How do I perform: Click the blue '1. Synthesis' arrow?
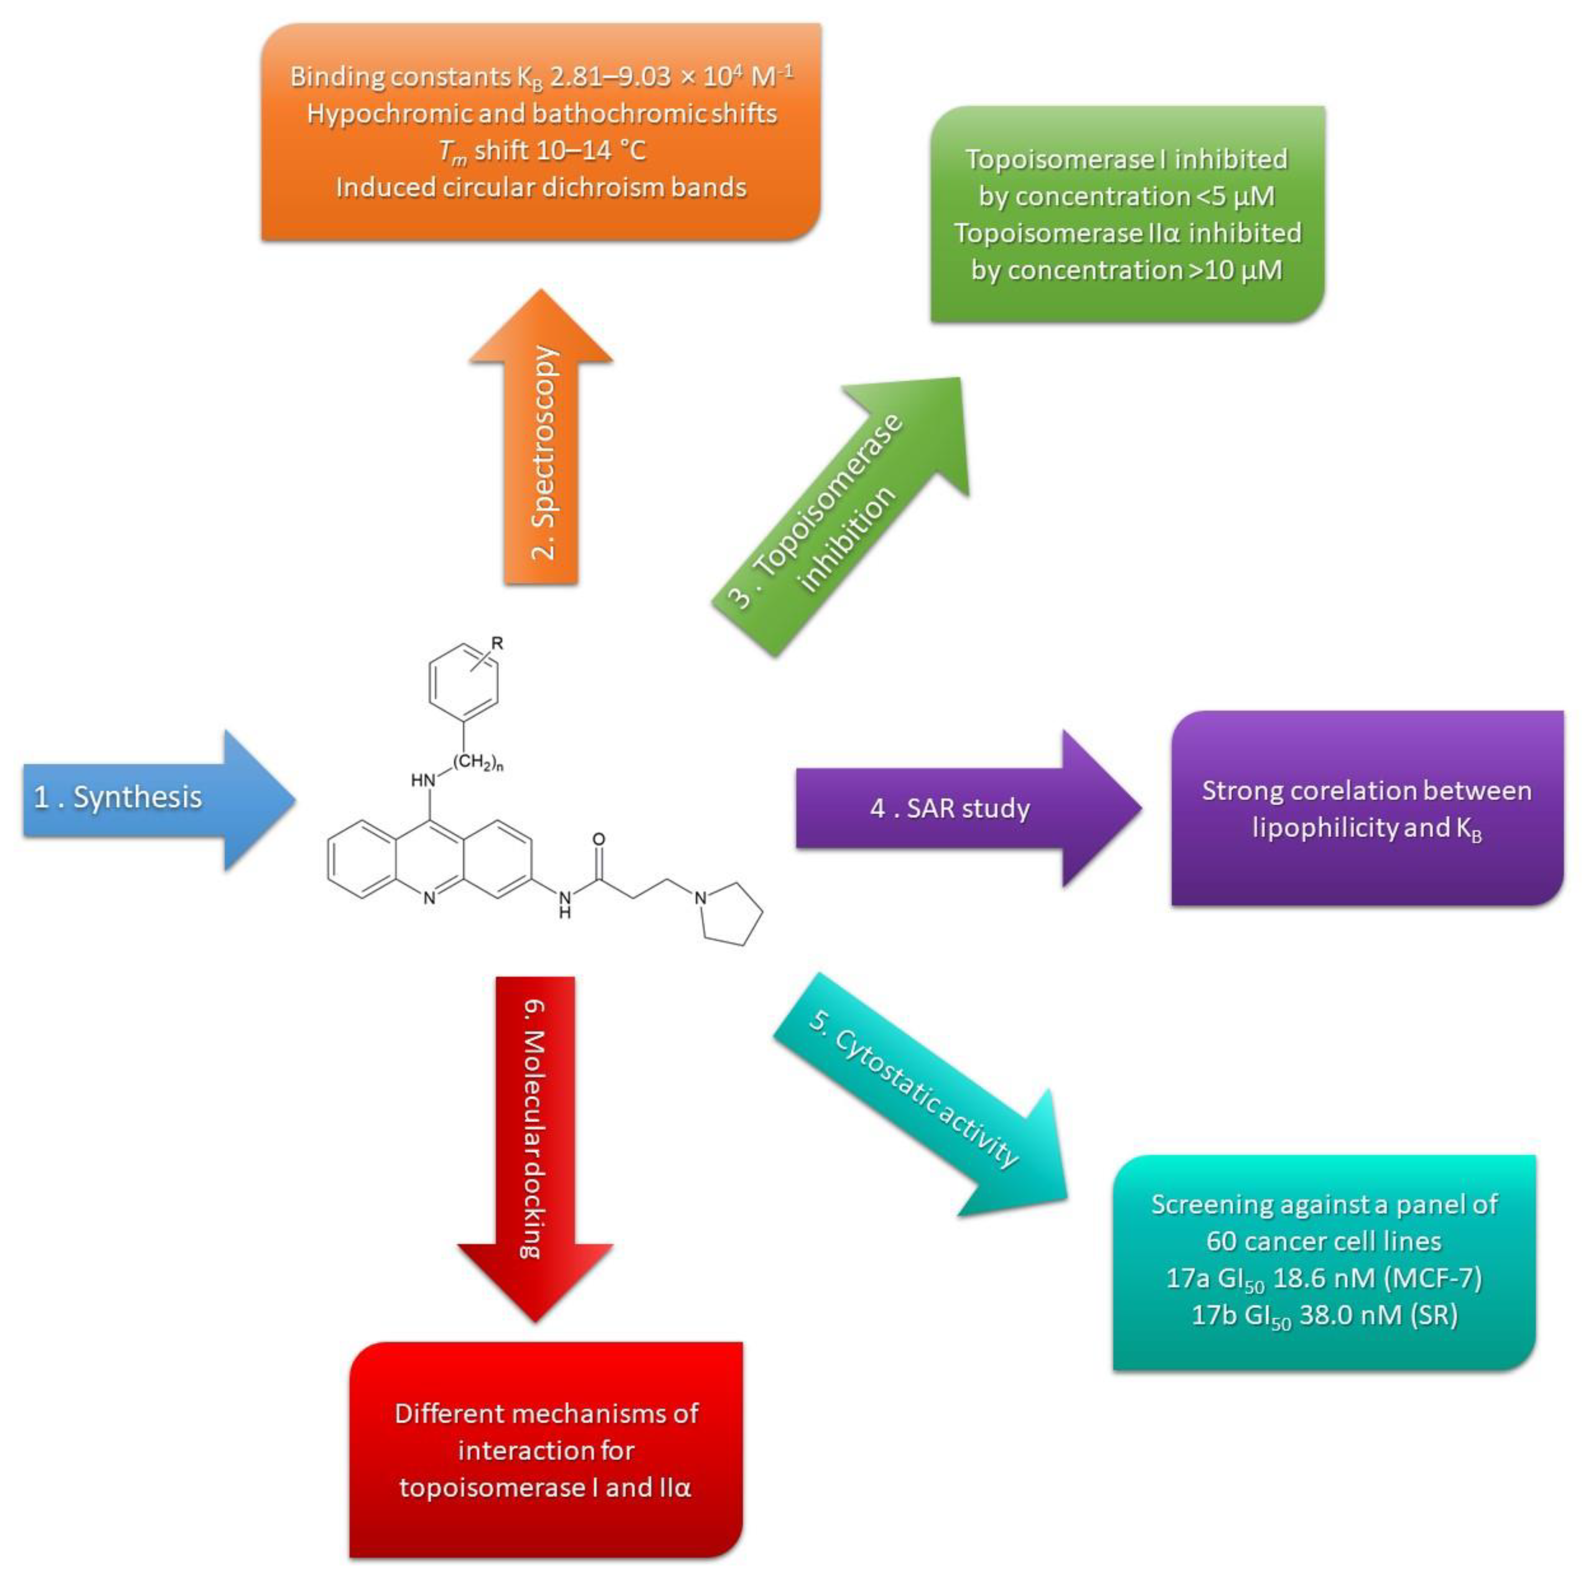[x=148, y=798]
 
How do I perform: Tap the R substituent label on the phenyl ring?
[x=496, y=644]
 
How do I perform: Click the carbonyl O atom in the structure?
[x=598, y=839]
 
